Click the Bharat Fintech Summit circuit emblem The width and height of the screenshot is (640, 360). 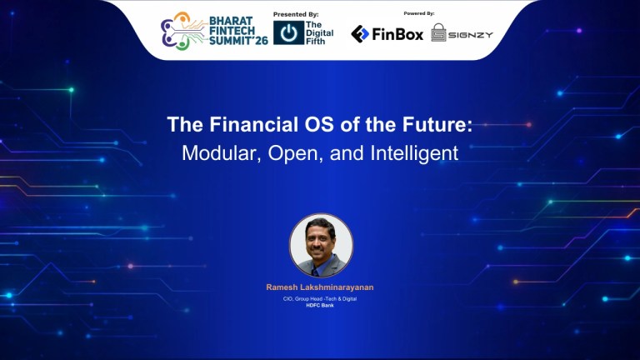point(179,30)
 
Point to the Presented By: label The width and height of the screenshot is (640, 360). point(296,13)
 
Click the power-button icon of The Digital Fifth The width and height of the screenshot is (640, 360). point(288,33)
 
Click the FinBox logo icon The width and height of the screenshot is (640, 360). point(360,33)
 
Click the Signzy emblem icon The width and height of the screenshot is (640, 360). point(439,33)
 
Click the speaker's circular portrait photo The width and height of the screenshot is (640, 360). point(321,246)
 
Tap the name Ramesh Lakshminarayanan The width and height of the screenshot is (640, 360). point(320,287)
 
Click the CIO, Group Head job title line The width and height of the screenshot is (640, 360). point(320,298)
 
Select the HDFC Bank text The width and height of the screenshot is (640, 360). point(320,306)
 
